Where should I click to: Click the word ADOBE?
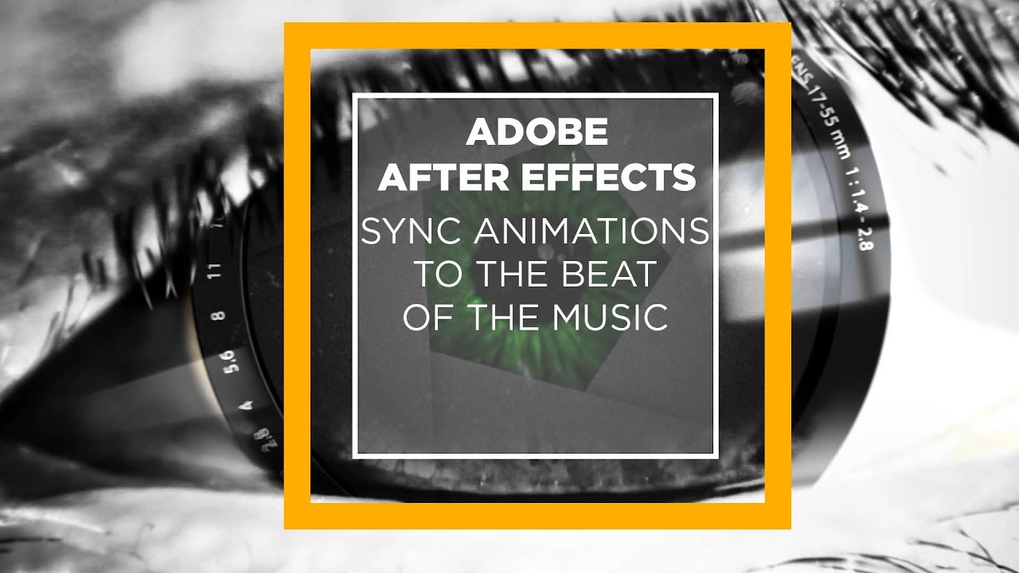click(537, 132)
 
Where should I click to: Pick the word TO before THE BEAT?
click(439, 275)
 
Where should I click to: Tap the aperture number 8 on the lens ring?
click(220, 315)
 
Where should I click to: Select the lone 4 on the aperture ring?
click(247, 405)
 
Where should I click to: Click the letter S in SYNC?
click(372, 232)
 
